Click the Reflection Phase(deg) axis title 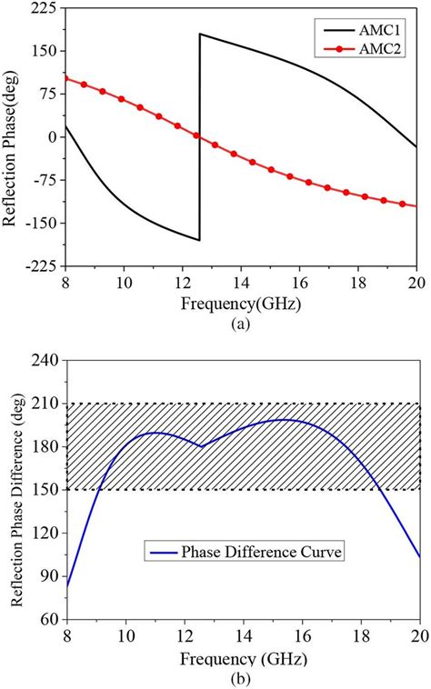pos(13,136)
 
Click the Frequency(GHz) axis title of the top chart pos(241,299)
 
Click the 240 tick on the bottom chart pos(44,360)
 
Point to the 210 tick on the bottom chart pos(44,404)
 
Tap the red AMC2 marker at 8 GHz pos(66,78)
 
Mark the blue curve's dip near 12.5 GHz pos(201,446)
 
